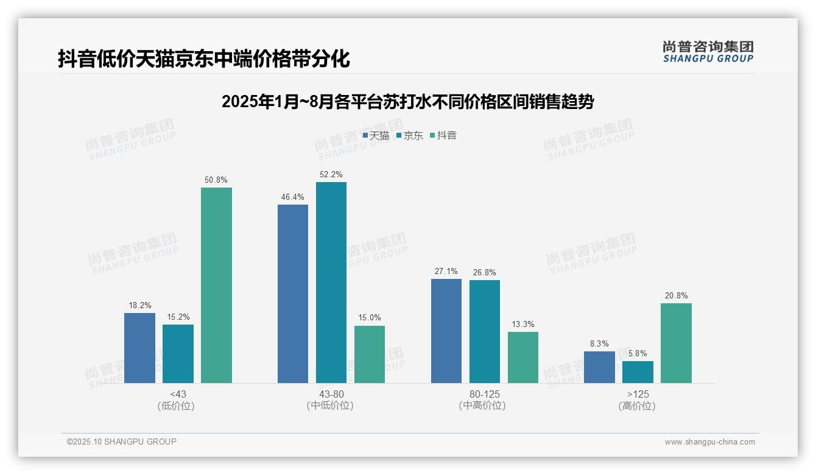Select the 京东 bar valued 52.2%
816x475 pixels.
[x=331, y=283]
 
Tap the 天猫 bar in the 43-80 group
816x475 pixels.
[x=293, y=294]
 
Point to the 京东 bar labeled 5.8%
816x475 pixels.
[x=638, y=372]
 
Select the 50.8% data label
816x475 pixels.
[x=216, y=180]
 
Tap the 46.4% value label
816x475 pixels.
[x=293, y=197]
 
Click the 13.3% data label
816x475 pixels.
[x=523, y=325]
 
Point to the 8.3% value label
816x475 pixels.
[x=599, y=344]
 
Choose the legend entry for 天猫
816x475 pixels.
[x=376, y=136]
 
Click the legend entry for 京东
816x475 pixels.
[x=409, y=136]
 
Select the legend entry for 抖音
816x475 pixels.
[x=443, y=136]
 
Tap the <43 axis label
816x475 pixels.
[x=178, y=395]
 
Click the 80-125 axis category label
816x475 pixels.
[x=485, y=395]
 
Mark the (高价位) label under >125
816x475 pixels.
[x=638, y=406]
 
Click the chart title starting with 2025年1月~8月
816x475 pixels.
[x=407, y=102]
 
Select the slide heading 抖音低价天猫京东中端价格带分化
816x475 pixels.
[x=204, y=59]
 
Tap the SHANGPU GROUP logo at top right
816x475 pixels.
[x=708, y=52]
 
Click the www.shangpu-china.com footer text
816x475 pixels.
[x=709, y=442]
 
